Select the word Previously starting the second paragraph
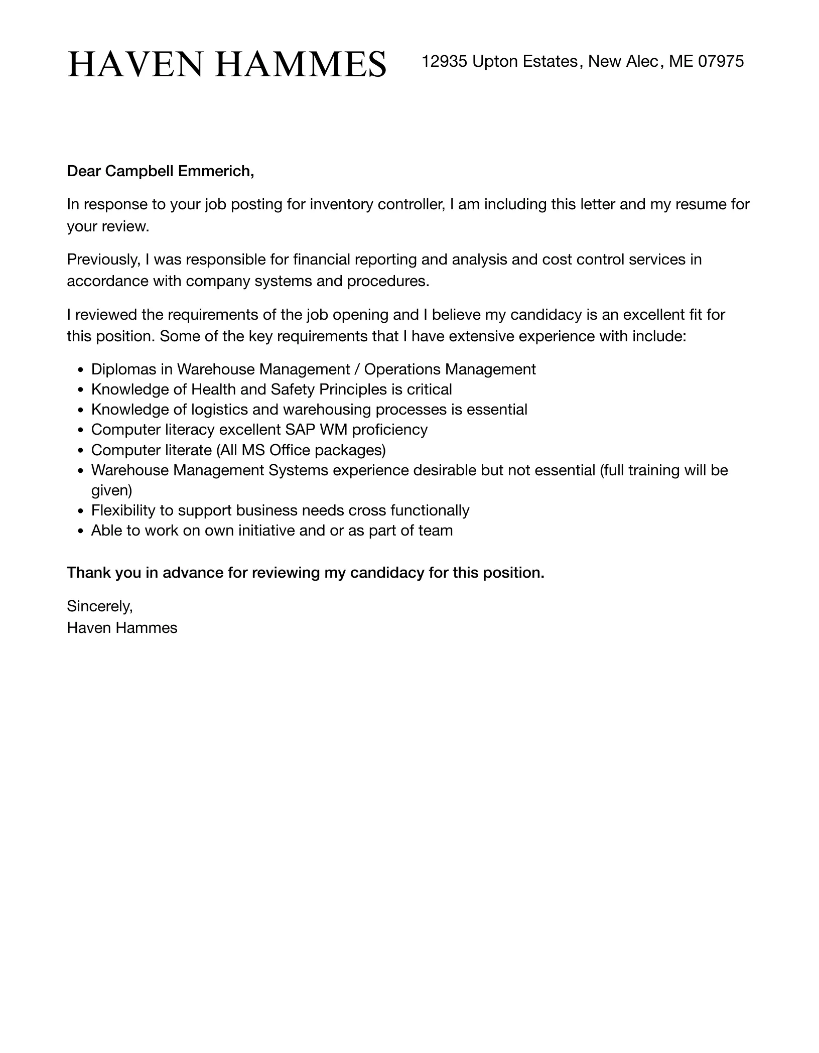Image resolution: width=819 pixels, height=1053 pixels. pyautogui.click(x=103, y=259)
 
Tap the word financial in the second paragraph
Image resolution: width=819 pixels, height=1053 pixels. pyautogui.click(x=321, y=259)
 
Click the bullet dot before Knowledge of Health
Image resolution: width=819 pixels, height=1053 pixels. pyautogui.click(x=81, y=390)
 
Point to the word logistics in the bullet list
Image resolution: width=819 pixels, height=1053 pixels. pyautogui.click(x=219, y=410)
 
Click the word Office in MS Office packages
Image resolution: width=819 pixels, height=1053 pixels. pyautogui.click(x=290, y=450)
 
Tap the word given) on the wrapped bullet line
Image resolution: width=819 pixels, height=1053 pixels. pyautogui.click(x=111, y=490)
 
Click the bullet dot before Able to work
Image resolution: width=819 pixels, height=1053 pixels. pyautogui.click(x=81, y=532)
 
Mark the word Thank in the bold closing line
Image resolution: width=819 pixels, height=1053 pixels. pyautogui.click(x=89, y=573)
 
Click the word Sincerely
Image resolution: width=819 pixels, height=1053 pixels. pyautogui.click(x=100, y=606)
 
